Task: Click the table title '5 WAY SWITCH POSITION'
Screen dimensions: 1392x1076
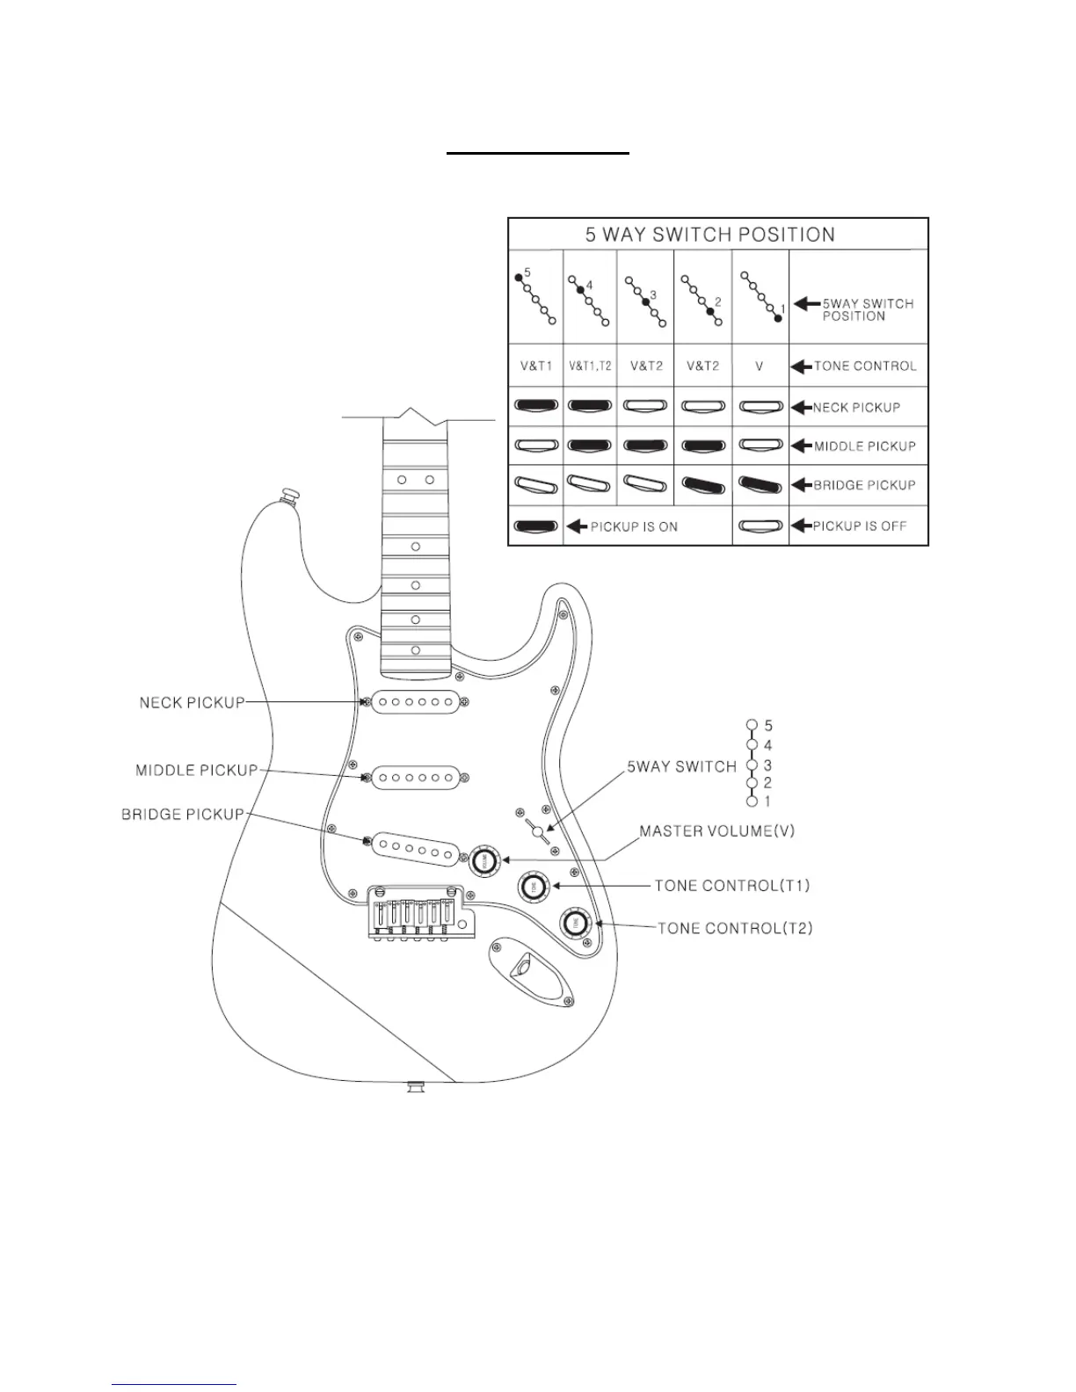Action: [x=710, y=235]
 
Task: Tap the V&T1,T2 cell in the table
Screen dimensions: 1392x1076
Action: [x=590, y=366]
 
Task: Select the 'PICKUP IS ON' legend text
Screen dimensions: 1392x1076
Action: [x=634, y=526]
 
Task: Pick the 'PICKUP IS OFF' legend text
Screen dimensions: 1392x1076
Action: [x=859, y=526]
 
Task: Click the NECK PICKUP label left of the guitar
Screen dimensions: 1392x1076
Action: [x=192, y=703]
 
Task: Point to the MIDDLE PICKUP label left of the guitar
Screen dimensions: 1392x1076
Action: [x=197, y=771]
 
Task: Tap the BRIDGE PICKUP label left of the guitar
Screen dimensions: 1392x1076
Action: [x=183, y=815]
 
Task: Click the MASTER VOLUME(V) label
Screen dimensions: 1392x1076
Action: [x=716, y=831]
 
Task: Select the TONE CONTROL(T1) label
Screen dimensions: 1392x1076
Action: [x=732, y=886]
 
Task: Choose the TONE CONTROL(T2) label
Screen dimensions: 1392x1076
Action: [x=735, y=928]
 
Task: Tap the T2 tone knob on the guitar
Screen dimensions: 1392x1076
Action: [x=576, y=923]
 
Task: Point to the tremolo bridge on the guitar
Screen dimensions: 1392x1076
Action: [x=418, y=914]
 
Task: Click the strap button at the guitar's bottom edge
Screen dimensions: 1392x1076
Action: [x=414, y=1088]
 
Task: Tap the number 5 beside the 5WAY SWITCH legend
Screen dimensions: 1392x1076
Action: [x=768, y=726]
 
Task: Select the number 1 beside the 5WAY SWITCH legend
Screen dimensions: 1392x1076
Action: [x=767, y=801]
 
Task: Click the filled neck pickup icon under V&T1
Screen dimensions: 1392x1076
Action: [x=535, y=407]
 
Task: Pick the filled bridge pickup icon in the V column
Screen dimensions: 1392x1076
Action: [x=760, y=485]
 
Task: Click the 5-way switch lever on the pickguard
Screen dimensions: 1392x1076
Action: [x=537, y=830]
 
